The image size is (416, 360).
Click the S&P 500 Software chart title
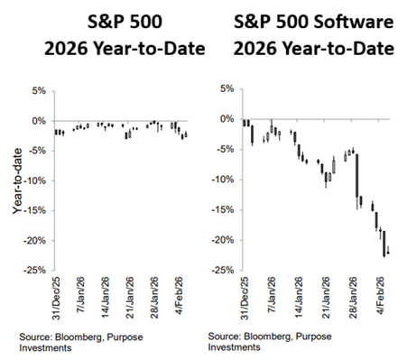(x=314, y=35)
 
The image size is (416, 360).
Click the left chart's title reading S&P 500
(x=125, y=22)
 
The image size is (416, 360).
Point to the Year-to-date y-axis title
(x=17, y=181)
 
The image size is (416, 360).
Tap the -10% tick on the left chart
(x=35, y=181)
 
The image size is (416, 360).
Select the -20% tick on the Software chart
(x=223, y=240)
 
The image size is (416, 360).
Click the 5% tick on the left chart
(x=39, y=90)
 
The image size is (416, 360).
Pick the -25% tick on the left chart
(x=35, y=270)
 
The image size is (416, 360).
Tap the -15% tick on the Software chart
(x=223, y=210)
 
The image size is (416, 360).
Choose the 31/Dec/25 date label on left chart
(x=57, y=299)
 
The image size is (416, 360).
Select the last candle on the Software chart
(x=388, y=253)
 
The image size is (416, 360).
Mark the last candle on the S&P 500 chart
(x=186, y=134)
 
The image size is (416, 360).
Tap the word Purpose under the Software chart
(x=313, y=337)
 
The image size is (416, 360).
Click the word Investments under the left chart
(x=45, y=348)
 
